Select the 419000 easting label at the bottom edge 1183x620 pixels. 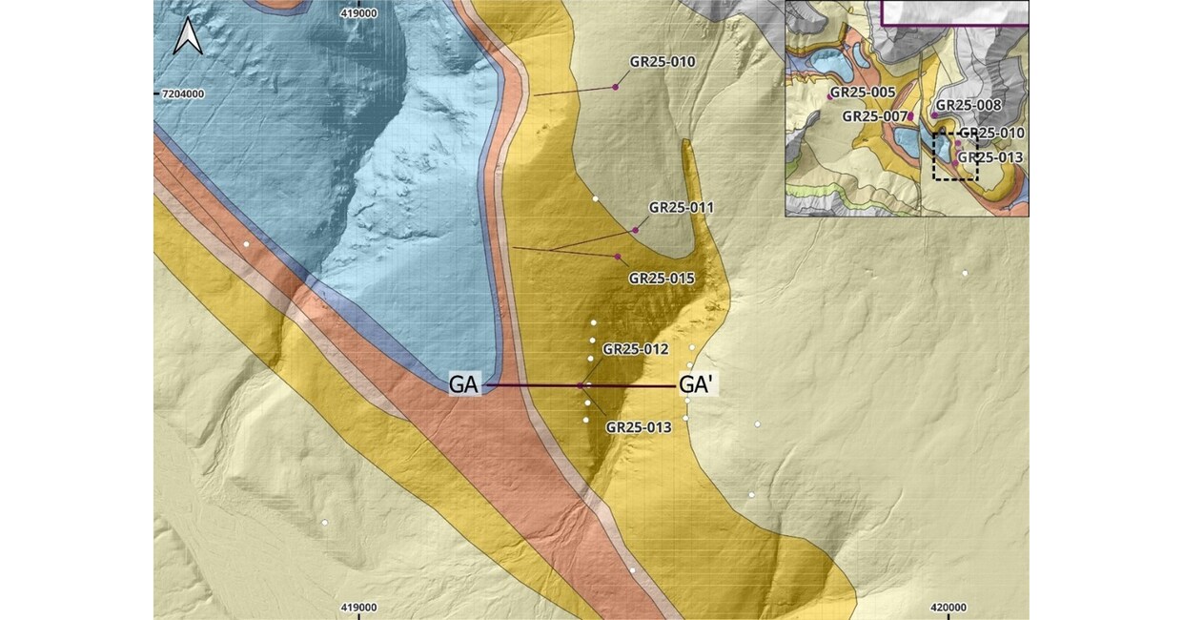coord(358,608)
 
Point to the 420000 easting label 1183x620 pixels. coord(948,608)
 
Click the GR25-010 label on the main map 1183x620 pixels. coord(663,61)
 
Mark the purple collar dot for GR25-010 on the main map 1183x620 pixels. coord(616,87)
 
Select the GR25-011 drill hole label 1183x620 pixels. coord(682,207)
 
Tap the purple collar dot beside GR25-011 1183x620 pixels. coord(636,230)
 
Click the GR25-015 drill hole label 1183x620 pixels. coord(662,279)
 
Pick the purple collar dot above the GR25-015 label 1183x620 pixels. coord(619,258)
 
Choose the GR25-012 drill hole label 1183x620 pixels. coord(636,349)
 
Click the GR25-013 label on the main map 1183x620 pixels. coord(639,427)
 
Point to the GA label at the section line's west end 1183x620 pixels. coord(464,385)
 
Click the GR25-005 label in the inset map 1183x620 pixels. coord(864,93)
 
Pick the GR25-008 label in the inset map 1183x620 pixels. coord(968,106)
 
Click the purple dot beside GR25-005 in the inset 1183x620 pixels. coord(829,97)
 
